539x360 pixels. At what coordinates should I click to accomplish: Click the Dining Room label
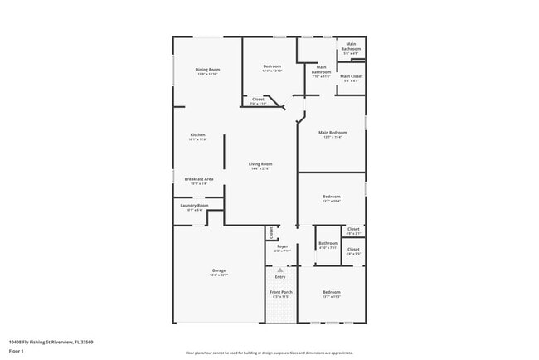pyautogui.click(x=207, y=69)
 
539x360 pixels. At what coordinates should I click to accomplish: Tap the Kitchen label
pyautogui.click(x=197, y=134)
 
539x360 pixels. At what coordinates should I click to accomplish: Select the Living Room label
pyautogui.click(x=260, y=164)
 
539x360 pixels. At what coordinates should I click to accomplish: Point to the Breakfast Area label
pyautogui.click(x=199, y=179)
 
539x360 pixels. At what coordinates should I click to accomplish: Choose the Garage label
pyautogui.click(x=219, y=270)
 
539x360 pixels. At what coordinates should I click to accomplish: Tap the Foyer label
pyautogui.click(x=282, y=246)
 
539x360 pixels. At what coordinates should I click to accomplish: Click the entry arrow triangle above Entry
pyautogui.click(x=280, y=270)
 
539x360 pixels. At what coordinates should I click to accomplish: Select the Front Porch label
pyautogui.click(x=280, y=292)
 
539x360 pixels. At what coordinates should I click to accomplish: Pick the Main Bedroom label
pyautogui.click(x=333, y=132)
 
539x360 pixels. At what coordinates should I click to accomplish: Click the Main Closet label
pyautogui.click(x=351, y=76)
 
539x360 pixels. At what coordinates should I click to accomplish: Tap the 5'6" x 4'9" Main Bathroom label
pyautogui.click(x=351, y=46)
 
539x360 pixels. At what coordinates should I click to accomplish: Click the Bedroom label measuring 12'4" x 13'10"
pyautogui.click(x=272, y=66)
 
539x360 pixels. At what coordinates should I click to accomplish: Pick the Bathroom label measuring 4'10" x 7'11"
pyautogui.click(x=328, y=242)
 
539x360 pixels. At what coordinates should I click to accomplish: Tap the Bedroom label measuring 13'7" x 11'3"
pyautogui.click(x=332, y=292)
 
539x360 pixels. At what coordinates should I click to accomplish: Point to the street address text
pyautogui.click(x=51, y=341)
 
